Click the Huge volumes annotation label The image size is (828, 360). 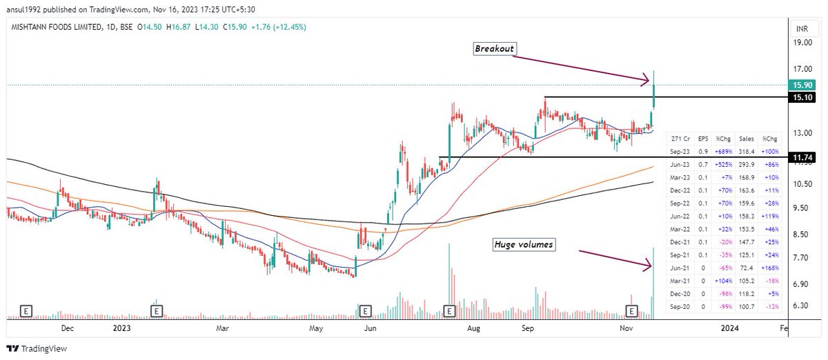point(523,244)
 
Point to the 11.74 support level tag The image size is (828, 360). point(802,158)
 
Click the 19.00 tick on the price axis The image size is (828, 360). point(802,43)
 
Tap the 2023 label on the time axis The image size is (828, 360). point(121,330)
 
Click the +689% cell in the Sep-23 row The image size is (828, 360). point(723,150)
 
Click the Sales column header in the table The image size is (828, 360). point(745,138)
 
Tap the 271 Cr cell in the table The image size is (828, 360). point(680,138)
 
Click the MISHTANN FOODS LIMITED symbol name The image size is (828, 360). point(49,27)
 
